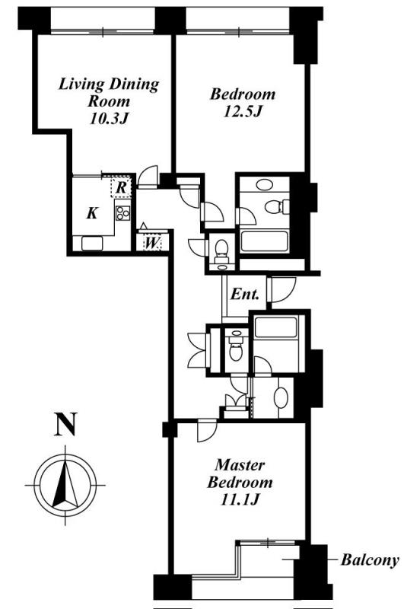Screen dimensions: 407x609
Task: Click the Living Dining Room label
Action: click(x=109, y=92)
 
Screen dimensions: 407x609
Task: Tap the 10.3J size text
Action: click(x=109, y=119)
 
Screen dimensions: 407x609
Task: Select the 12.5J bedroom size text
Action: click(x=243, y=112)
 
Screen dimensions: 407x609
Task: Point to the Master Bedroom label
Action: click(x=240, y=473)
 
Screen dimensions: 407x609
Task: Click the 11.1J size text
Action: click(x=240, y=500)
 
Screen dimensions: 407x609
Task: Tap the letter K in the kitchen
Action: click(x=92, y=213)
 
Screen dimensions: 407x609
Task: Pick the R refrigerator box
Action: click(x=121, y=187)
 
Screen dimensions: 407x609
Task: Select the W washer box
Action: click(x=151, y=243)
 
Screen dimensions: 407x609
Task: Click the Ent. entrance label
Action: click(x=245, y=294)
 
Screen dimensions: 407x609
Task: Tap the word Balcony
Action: click(x=370, y=560)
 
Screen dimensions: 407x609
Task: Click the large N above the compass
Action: click(x=65, y=425)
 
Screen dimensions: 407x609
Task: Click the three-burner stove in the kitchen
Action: click(x=122, y=212)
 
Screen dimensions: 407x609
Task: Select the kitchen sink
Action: click(x=92, y=243)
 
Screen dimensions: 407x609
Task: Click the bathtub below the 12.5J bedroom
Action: click(x=264, y=241)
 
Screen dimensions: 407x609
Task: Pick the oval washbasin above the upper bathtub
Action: click(x=265, y=184)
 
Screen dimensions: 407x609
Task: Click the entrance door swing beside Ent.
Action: click(x=283, y=290)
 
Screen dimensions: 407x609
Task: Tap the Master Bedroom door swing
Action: click(x=207, y=430)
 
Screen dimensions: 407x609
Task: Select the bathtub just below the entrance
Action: click(x=276, y=327)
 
